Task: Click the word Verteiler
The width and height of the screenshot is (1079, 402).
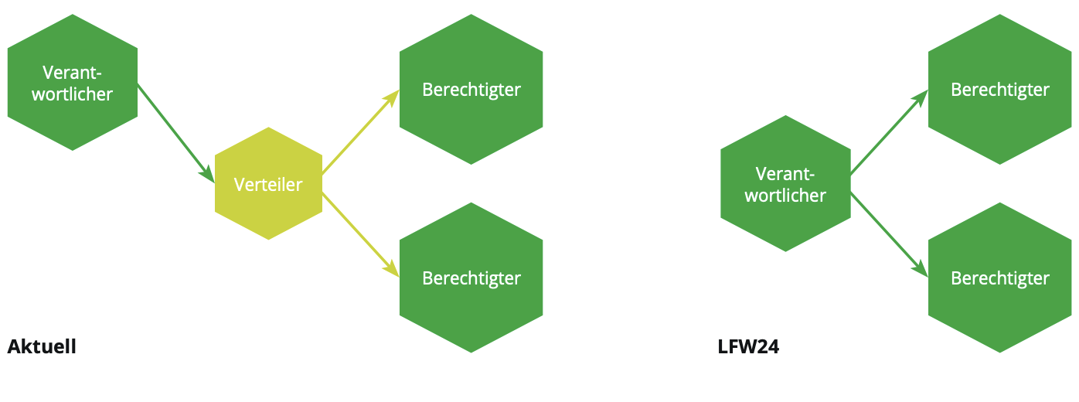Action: pyautogui.click(x=267, y=185)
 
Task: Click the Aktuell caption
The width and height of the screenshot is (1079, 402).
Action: pyautogui.click(x=42, y=347)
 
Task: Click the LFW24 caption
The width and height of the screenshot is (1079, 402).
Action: pyautogui.click(x=748, y=347)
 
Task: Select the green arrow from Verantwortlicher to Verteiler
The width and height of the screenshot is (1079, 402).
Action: pyautogui.click(x=174, y=131)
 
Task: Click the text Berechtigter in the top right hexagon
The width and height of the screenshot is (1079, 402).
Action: pyautogui.click(x=999, y=90)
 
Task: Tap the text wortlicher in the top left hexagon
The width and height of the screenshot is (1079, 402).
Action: pyautogui.click(x=73, y=94)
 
